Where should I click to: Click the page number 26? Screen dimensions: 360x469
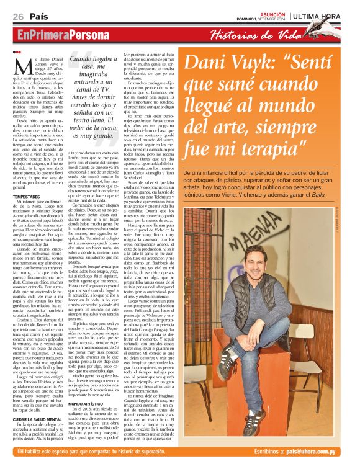17,16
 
